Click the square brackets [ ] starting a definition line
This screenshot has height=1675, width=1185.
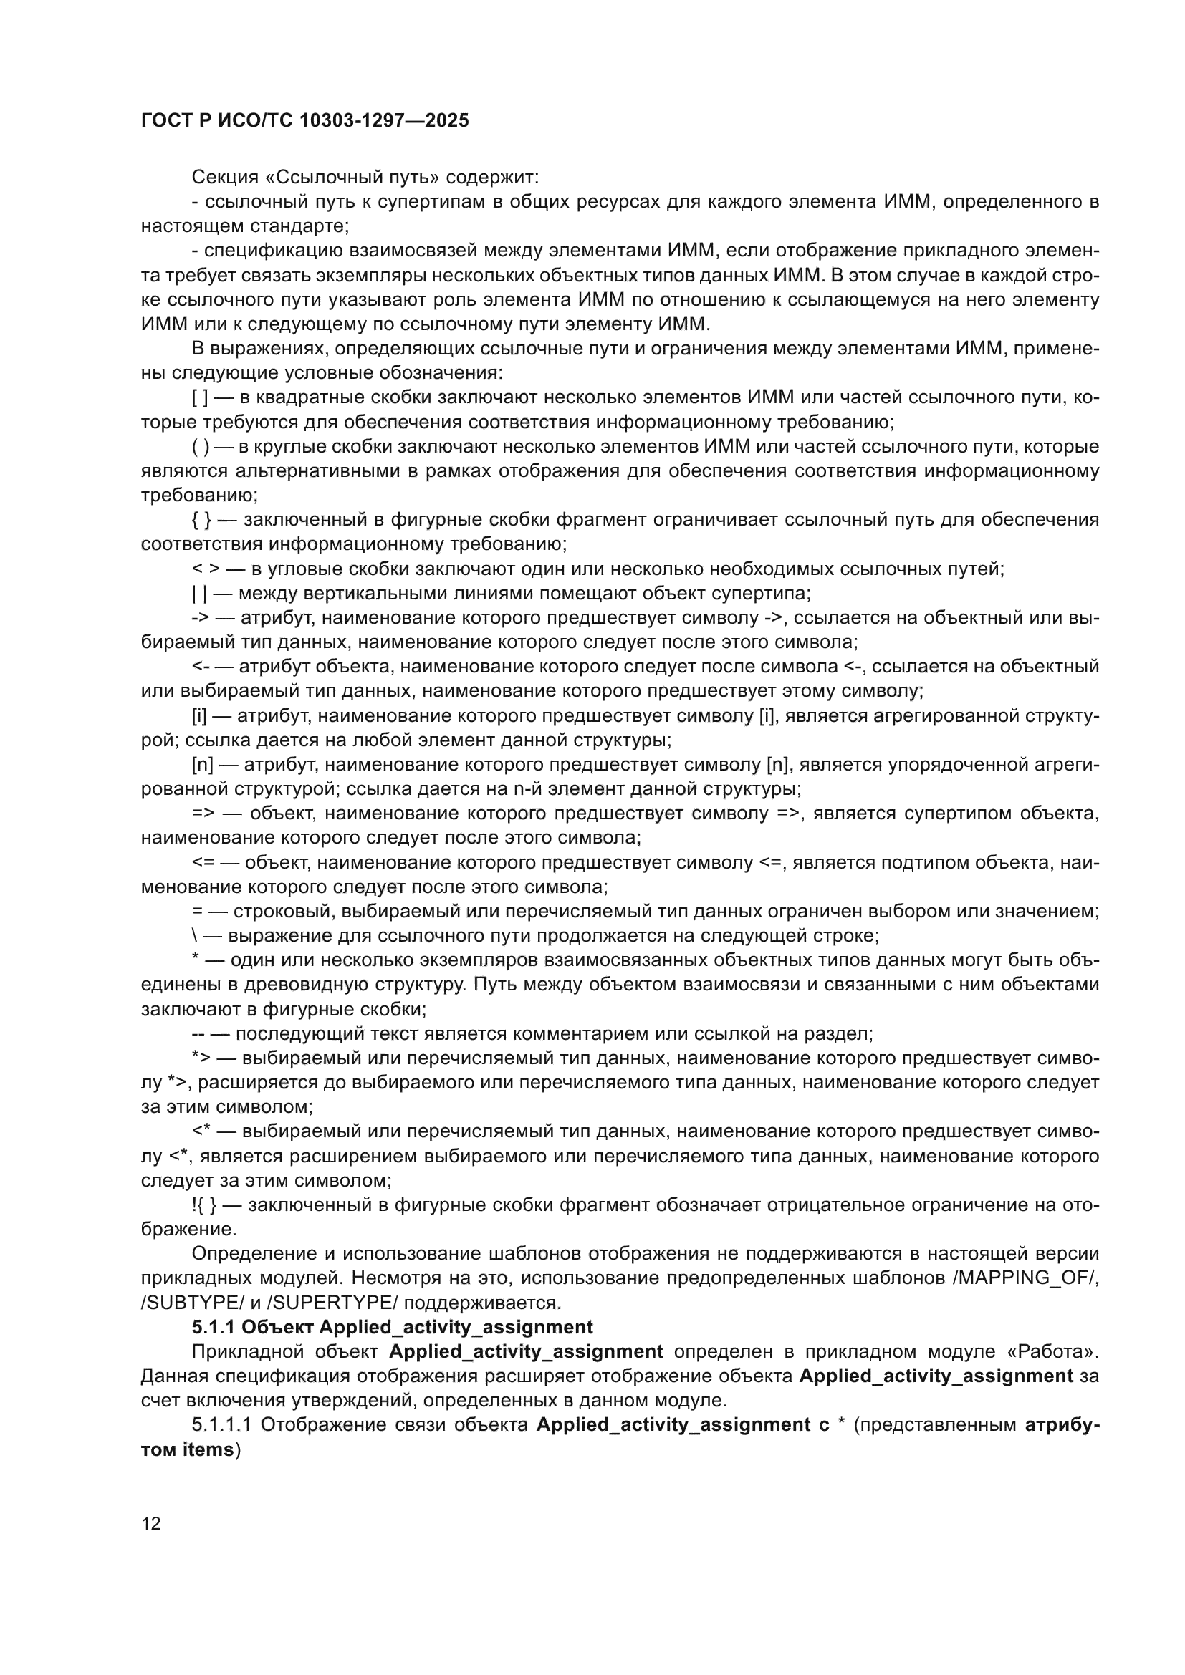point(200,397)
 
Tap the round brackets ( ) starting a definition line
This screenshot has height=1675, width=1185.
point(200,446)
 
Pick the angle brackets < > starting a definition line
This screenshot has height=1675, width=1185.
point(201,569)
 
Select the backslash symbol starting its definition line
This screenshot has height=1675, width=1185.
point(195,936)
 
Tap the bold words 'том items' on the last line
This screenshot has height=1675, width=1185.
point(187,1449)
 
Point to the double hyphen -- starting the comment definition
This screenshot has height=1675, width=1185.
point(197,1034)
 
